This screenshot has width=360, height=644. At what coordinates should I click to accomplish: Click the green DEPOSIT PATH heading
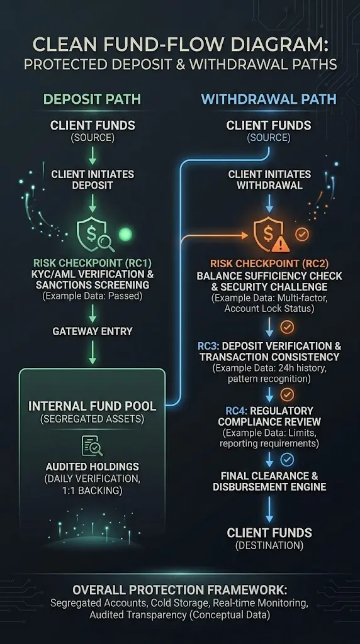click(x=92, y=99)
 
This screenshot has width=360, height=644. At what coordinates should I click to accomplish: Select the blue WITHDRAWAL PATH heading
click(x=269, y=99)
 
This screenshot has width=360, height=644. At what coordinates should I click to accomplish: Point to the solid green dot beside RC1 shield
click(x=125, y=235)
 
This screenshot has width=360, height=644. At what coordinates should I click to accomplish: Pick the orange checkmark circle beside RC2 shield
click(x=302, y=235)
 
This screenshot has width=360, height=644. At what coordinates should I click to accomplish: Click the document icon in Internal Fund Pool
click(x=92, y=446)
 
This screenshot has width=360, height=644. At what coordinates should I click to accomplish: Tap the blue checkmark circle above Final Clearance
click(x=287, y=460)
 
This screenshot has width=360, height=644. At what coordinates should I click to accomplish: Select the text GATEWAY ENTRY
click(x=93, y=331)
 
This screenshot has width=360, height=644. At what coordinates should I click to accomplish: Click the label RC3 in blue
click(x=208, y=346)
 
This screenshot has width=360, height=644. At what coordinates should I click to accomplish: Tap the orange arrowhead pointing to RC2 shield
click(x=245, y=235)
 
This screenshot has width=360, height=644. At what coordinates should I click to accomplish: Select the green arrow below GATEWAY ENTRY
click(x=93, y=352)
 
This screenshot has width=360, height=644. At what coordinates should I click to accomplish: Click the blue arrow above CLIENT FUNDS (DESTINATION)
click(x=269, y=509)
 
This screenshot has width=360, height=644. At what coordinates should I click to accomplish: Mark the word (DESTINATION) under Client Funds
click(x=269, y=545)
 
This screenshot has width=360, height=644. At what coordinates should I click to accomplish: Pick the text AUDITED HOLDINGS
click(x=93, y=467)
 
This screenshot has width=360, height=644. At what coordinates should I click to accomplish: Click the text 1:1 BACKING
click(x=93, y=491)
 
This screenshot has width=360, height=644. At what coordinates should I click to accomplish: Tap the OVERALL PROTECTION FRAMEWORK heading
click(x=179, y=590)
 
